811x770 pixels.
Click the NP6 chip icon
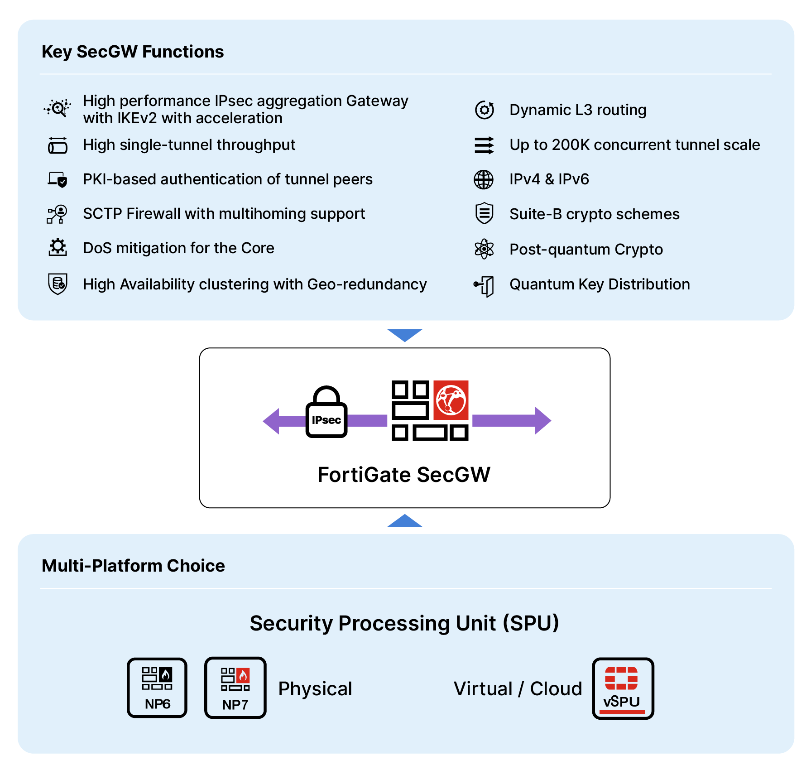pyautogui.click(x=157, y=688)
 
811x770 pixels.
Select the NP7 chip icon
pyautogui.click(x=235, y=688)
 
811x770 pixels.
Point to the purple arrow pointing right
pyautogui.click(x=512, y=420)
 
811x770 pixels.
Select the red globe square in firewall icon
pyautogui.click(x=451, y=400)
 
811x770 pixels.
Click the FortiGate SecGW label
pyautogui.click(x=404, y=475)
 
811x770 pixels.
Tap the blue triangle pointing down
pyautogui.click(x=405, y=334)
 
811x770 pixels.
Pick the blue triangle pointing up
pyautogui.click(x=405, y=522)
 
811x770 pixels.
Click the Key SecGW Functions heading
pyautogui.click(x=133, y=52)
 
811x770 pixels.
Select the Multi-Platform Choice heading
pyautogui.click(x=133, y=566)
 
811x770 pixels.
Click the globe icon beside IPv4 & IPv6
pyautogui.click(x=484, y=179)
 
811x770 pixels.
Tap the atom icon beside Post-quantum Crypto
pyautogui.click(x=484, y=249)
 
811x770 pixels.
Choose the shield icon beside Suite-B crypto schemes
pyautogui.click(x=484, y=213)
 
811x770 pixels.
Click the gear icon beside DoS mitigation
pyautogui.click(x=58, y=247)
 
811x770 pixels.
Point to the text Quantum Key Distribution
pyautogui.click(x=600, y=284)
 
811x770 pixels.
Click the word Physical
pyautogui.click(x=315, y=688)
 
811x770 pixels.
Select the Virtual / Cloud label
pyautogui.click(x=518, y=688)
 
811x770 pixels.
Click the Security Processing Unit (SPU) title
pyautogui.click(x=404, y=623)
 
